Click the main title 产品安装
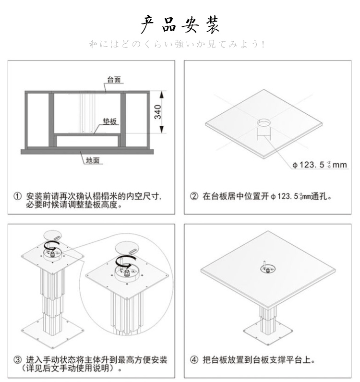(x=180, y=24)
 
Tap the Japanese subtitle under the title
(x=177, y=44)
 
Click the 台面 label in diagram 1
(x=114, y=80)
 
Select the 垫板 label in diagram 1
(x=110, y=121)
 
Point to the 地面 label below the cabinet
(x=93, y=160)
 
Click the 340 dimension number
(x=158, y=112)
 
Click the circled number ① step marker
(x=18, y=196)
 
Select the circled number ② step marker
(x=194, y=196)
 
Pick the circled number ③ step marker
(x=18, y=360)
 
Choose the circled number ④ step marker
(x=194, y=360)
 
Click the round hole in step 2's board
(x=264, y=122)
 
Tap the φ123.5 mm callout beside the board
(x=320, y=165)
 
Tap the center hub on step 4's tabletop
(x=268, y=269)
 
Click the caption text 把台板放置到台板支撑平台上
(x=259, y=360)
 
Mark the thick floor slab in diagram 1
(x=87, y=152)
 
